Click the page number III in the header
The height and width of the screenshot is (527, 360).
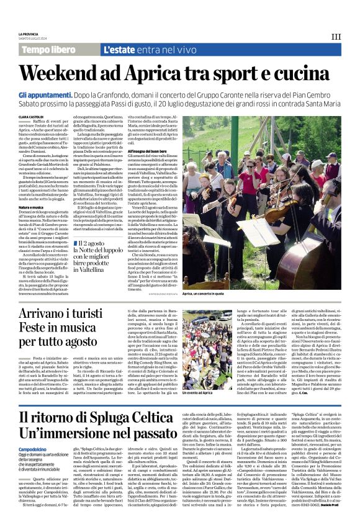[336, 37]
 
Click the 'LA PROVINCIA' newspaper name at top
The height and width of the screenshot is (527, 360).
[29, 34]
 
